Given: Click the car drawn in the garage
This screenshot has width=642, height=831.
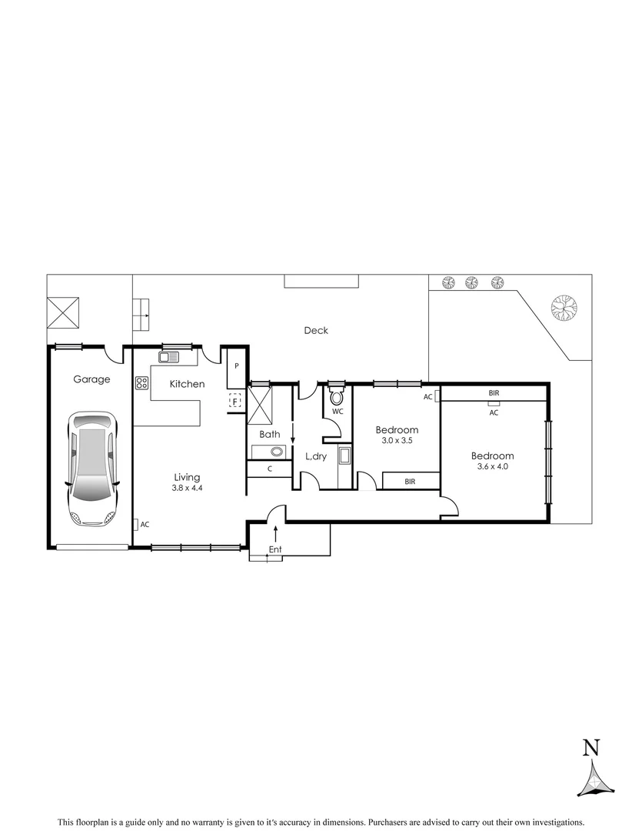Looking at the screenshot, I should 92,468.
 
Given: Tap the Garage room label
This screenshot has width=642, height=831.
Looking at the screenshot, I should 91,379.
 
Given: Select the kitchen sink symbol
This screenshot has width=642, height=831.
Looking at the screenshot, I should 168,356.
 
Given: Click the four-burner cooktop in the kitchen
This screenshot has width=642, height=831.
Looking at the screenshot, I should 141,382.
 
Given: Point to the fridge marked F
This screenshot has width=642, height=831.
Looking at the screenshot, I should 235,401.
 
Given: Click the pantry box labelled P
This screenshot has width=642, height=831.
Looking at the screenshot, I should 237,366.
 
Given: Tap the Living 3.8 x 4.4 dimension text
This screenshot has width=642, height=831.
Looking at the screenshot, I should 187,488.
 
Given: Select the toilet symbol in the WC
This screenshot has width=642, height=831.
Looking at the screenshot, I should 337,396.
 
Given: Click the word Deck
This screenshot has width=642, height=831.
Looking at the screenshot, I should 315,330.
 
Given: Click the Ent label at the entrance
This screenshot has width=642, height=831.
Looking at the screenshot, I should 275,549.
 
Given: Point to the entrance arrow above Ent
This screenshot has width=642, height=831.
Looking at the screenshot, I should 275,532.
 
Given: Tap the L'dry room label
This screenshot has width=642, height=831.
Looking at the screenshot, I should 317,456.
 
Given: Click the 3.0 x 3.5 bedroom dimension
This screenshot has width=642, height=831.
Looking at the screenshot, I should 396,441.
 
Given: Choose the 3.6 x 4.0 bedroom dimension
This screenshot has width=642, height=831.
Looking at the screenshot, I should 492,466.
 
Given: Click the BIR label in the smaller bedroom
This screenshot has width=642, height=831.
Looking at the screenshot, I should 411,482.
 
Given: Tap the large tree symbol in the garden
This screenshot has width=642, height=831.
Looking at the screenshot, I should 564,308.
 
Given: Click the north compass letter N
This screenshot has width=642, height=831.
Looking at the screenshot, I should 590,747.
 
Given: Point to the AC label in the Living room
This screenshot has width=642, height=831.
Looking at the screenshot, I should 145,524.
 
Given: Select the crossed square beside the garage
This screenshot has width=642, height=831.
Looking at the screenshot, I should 65,313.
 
